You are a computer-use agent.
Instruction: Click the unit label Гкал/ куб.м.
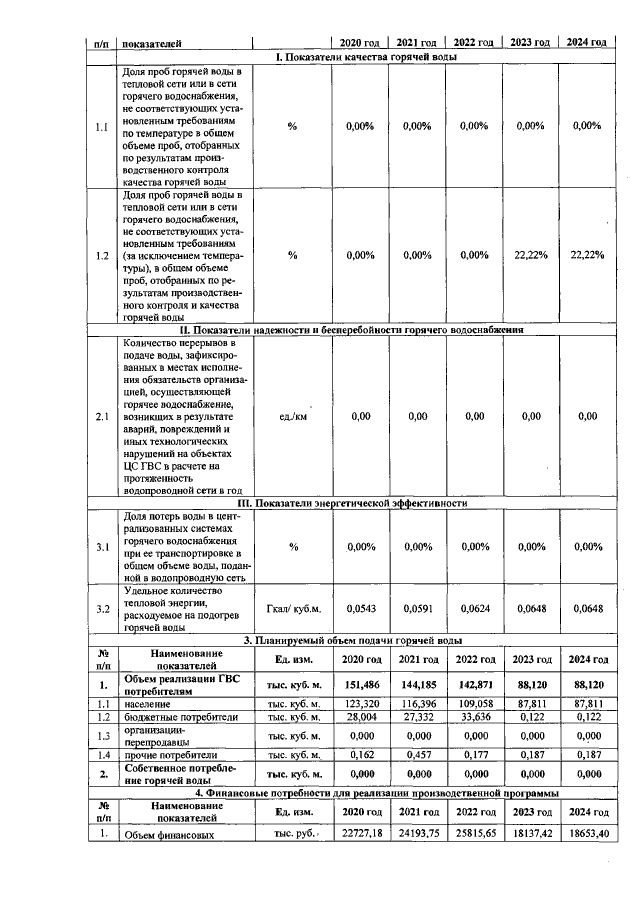tap(292, 608)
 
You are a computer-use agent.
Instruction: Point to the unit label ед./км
tap(292, 416)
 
